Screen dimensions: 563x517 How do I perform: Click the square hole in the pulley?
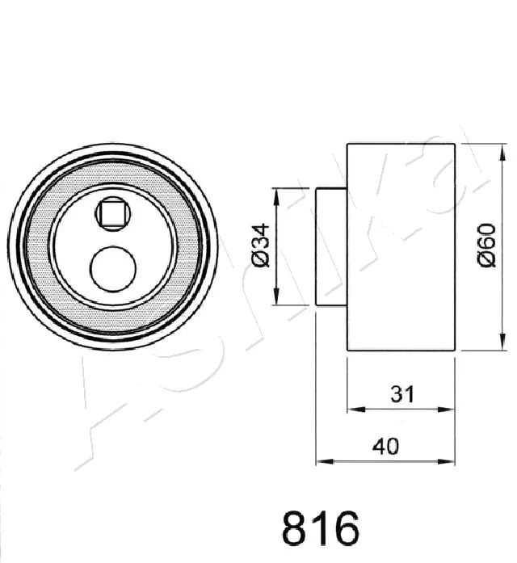coord(111,214)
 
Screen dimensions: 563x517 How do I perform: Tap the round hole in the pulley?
coord(111,270)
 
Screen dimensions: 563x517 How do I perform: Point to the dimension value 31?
coord(401,395)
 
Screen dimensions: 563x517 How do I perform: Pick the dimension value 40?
coord(386,446)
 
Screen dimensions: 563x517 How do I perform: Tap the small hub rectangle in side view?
coord(331,246)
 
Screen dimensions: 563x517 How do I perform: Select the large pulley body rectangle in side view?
coord(401,246)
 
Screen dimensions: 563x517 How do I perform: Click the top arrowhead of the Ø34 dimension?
coord(278,194)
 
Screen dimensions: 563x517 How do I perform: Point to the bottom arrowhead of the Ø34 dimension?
coord(278,300)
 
